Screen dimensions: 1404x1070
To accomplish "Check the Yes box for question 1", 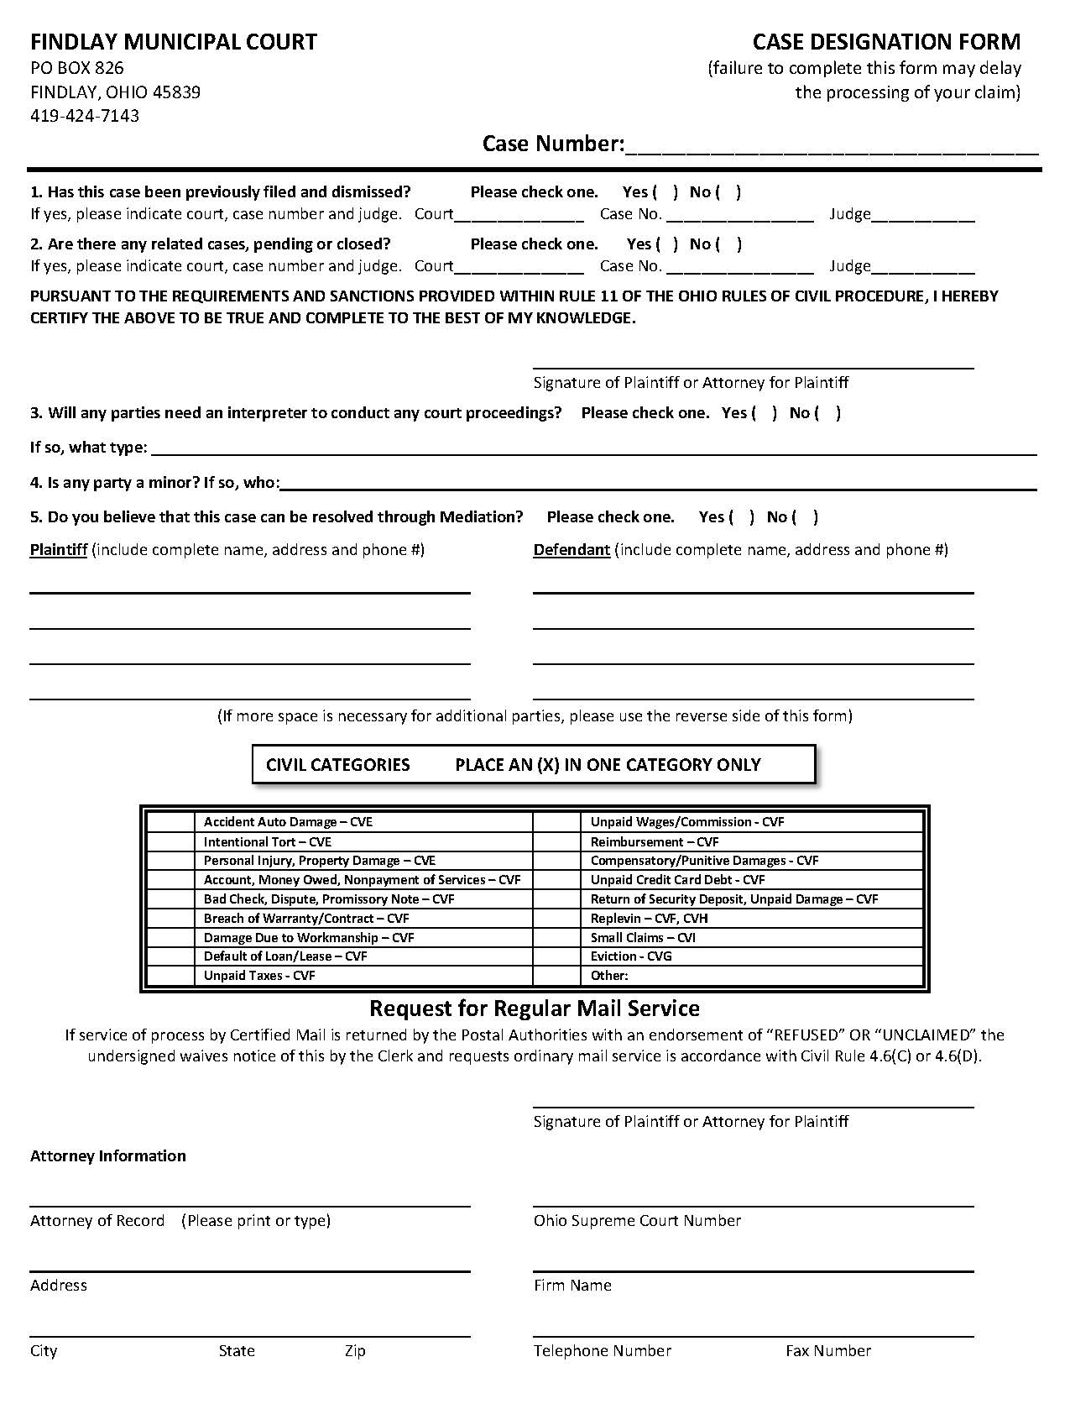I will (665, 192).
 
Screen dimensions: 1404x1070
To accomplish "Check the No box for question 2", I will (729, 244).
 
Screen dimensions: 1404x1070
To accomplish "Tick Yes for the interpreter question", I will (765, 413).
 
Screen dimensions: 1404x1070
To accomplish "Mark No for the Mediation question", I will (806, 517).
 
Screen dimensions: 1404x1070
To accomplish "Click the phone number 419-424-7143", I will (85, 116).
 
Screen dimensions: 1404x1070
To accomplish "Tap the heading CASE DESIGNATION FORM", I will (886, 42).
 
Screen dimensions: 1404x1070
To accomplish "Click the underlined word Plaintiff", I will (59, 550).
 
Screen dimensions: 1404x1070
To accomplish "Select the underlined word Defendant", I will (572, 550).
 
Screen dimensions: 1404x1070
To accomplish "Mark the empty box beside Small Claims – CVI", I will (556, 937).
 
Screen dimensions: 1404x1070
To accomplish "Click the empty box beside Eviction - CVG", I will (556, 956).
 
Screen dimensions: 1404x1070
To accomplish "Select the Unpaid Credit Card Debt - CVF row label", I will (677, 880).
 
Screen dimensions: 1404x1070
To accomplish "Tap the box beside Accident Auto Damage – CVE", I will (170, 822).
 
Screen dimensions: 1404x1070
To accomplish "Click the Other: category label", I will (609, 976).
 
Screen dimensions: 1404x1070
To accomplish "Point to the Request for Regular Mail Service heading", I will (535, 1008).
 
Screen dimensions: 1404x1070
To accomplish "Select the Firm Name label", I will (572, 1286).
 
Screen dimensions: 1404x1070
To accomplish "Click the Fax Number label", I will (828, 1351).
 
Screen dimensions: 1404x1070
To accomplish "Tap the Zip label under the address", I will (355, 1351).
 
